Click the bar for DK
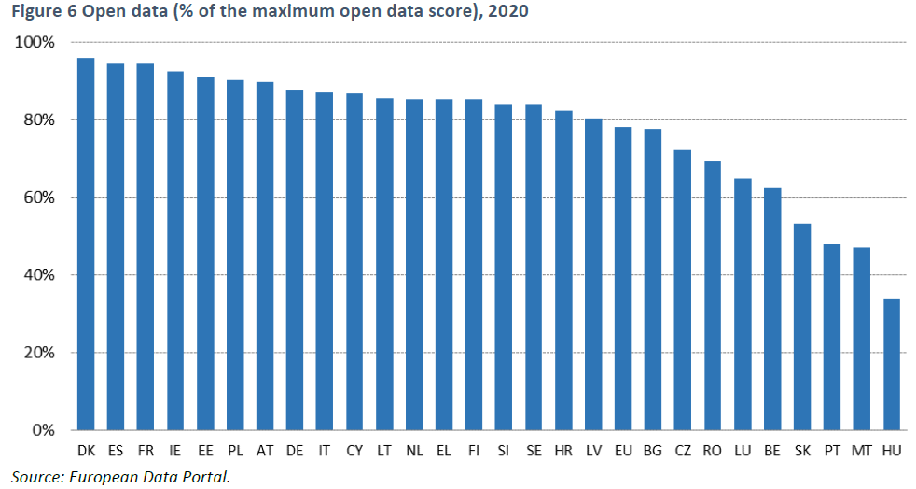pos(86,244)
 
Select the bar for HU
pos(892,364)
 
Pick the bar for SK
pos(802,327)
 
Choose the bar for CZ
pos(683,289)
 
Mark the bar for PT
pos(832,337)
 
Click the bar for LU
pos(743,304)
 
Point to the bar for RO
pos(713,296)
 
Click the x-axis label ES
pos(116,451)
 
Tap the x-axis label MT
pos(862,451)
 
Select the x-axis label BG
pos(653,451)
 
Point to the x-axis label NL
pos(414,451)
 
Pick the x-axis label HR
pos(563,451)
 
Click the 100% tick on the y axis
pos(35,43)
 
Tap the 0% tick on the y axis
pos(43,430)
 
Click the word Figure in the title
pos(33,12)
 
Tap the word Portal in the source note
pos(205,477)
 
